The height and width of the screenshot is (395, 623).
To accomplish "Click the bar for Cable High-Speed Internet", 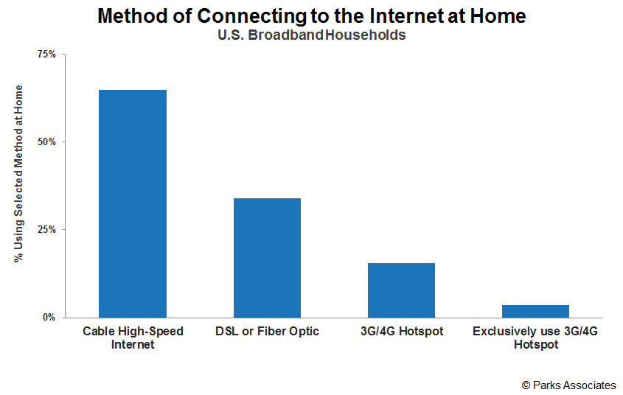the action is point(133,203).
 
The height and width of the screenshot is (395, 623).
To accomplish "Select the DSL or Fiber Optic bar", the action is point(267,258).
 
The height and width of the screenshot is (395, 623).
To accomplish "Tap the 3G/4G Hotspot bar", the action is point(401,290).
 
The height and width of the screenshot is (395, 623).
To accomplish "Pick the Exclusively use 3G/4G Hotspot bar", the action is point(535,311).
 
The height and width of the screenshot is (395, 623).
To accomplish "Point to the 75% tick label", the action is point(47,55).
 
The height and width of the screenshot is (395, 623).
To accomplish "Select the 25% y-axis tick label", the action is point(47,230).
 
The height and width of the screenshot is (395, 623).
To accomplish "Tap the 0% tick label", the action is point(49,318).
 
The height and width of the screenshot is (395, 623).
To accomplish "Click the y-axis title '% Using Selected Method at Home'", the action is point(18,174).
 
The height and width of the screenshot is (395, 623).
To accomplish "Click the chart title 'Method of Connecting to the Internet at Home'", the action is point(312,16).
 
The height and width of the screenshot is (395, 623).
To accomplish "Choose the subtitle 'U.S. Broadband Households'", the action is point(311,35).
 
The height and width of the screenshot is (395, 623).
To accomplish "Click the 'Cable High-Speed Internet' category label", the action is point(133,338).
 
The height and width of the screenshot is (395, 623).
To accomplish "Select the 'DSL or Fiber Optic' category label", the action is point(267,332).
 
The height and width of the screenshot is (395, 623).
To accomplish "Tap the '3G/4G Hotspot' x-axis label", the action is point(402,332).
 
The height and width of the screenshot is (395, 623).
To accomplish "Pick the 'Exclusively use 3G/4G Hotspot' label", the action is point(535,338).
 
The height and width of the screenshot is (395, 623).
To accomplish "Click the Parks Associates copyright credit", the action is point(568,385).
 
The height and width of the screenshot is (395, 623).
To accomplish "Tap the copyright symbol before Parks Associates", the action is point(526,385).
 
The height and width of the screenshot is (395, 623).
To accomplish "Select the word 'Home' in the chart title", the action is point(498,16).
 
